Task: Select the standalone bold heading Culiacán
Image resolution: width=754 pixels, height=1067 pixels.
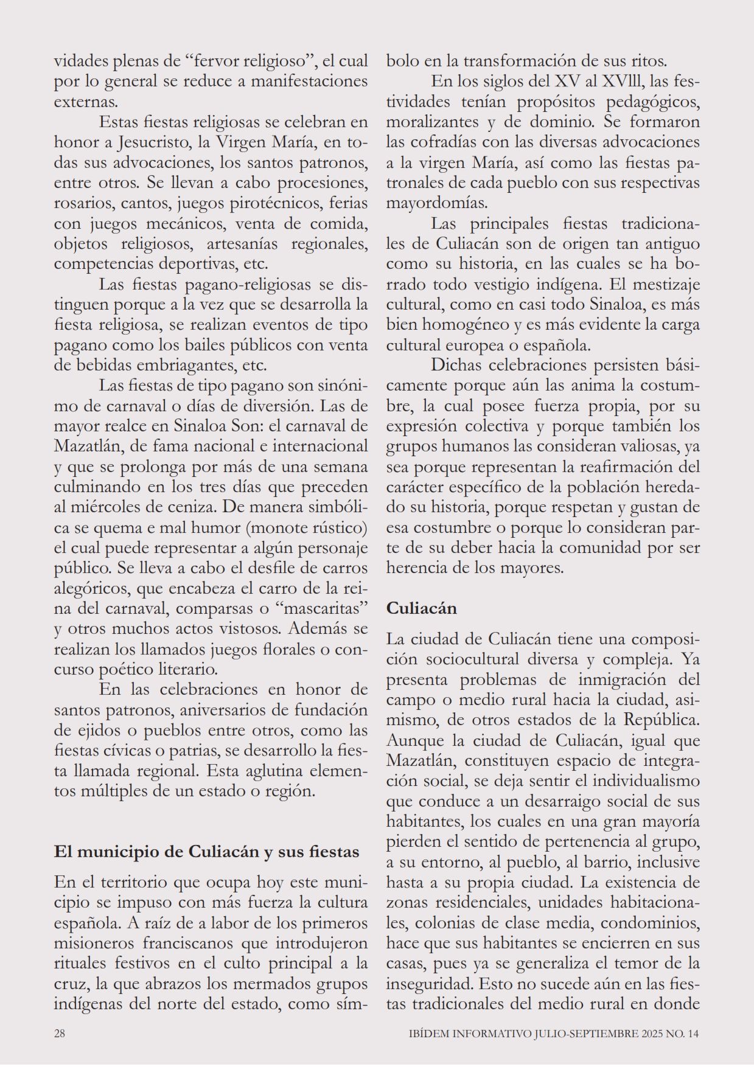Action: click(x=421, y=608)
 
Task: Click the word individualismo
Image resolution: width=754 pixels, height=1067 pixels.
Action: click(x=646, y=780)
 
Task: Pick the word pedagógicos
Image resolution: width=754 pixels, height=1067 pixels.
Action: click(x=652, y=101)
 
